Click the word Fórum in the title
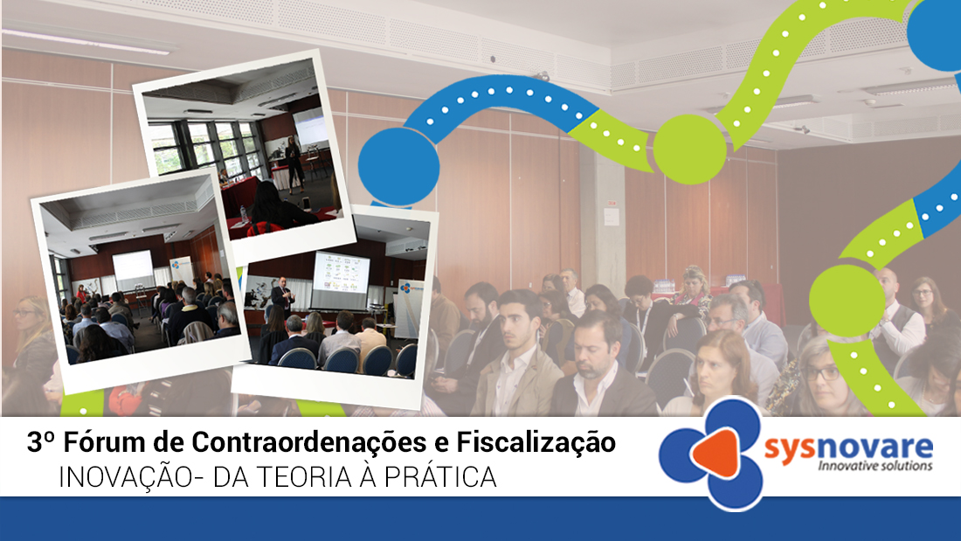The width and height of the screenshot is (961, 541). (x=104, y=442)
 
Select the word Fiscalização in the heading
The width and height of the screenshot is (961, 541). (x=536, y=443)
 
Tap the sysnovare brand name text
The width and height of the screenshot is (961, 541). (x=848, y=447)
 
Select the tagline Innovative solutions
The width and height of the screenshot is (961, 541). (x=875, y=466)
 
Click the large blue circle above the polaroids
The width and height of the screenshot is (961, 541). (x=398, y=166)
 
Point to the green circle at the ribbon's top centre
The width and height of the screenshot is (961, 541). (x=689, y=149)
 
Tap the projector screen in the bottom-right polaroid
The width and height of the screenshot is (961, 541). (x=341, y=274)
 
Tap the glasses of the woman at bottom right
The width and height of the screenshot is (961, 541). (x=821, y=371)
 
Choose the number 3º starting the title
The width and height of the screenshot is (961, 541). (x=40, y=442)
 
